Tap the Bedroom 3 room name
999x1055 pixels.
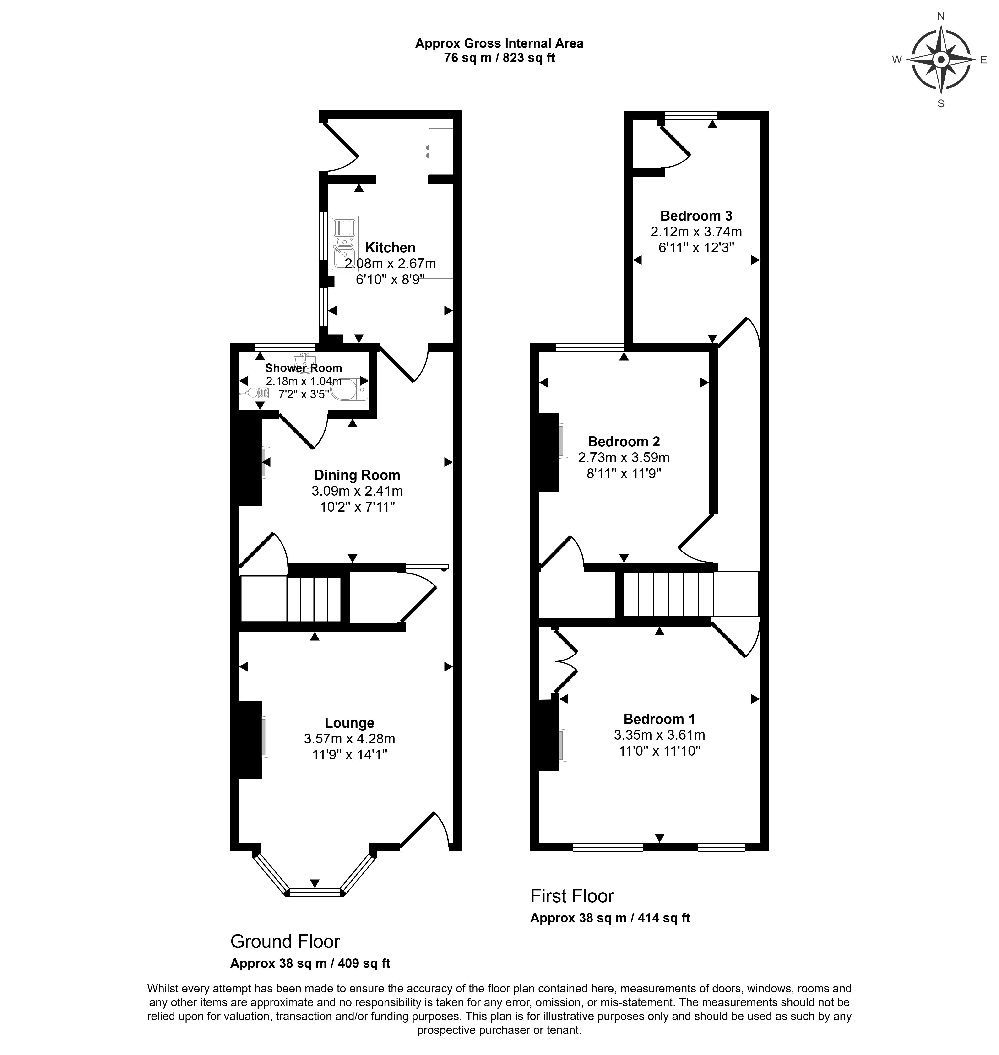pos(696,216)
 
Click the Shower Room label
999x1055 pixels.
pos(304,368)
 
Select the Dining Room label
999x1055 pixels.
pos(357,475)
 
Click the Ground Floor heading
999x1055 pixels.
pos(285,941)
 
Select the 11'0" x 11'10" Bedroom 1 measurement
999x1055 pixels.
pos(659,751)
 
